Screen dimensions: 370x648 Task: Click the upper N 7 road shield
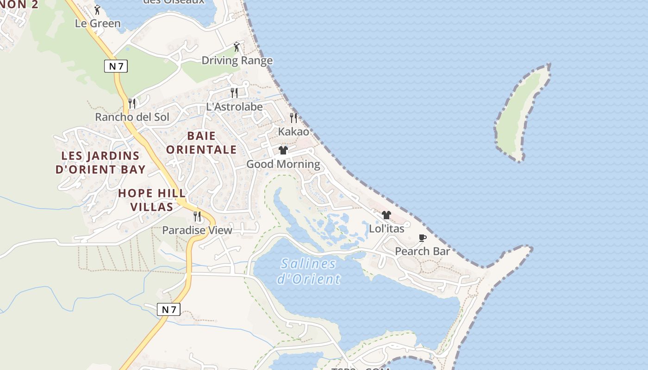click(116, 66)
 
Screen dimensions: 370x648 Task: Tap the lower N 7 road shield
click(168, 309)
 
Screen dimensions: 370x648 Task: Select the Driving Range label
click(237, 61)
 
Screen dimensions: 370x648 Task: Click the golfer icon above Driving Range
click(237, 47)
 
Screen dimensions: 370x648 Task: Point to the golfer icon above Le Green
click(97, 10)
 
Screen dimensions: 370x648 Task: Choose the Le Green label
click(98, 24)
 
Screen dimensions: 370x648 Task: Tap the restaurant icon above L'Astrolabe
click(234, 93)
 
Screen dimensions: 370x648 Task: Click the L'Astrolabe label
click(234, 107)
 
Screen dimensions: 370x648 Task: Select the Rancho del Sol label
click(132, 117)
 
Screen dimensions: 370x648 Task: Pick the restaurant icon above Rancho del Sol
click(132, 103)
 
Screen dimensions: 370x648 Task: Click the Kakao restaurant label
click(293, 132)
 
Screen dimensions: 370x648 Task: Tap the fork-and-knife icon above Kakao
click(293, 118)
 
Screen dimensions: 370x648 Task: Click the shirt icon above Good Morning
click(283, 150)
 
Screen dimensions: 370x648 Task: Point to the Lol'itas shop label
click(386, 228)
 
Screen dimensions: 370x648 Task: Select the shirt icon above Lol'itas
click(386, 215)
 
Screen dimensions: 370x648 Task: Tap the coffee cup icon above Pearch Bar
click(422, 238)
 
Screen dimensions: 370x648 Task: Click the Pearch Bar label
click(422, 252)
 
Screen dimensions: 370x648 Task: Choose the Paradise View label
click(197, 230)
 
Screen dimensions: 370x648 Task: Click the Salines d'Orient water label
click(308, 271)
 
